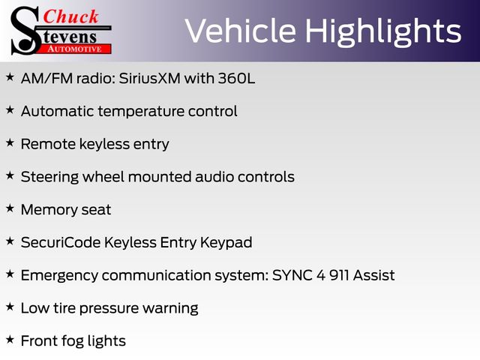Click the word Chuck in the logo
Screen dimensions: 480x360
71,16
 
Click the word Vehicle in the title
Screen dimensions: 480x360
240,31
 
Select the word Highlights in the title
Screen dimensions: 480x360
383,31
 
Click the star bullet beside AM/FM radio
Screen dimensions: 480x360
10,76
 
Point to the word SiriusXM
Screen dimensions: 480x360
149,78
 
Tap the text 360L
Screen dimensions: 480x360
236,78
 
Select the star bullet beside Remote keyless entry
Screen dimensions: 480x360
10,142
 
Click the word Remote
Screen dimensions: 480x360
48,144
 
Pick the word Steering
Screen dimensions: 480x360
49,177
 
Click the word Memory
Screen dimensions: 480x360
49,210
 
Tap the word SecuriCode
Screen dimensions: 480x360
61,242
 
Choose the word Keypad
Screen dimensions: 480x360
226,243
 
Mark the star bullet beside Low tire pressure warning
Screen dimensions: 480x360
10,307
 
